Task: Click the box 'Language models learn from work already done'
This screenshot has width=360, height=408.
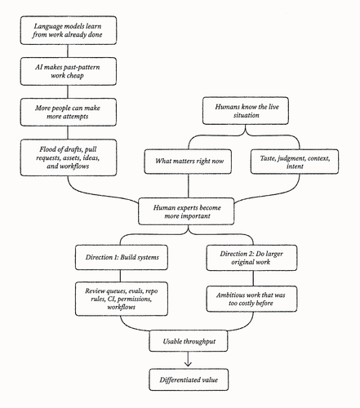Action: (x=69, y=30)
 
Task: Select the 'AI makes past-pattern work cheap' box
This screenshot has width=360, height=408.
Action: (x=69, y=71)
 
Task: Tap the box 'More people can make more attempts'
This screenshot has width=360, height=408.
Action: (x=69, y=112)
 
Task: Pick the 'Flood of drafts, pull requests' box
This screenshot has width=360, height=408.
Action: (x=69, y=157)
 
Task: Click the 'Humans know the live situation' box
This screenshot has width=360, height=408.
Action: (x=246, y=111)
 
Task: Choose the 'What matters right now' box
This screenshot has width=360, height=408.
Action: (x=188, y=162)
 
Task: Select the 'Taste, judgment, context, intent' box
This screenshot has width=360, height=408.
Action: (x=295, y=162)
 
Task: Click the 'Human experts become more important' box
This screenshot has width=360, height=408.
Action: (x=186, y=211)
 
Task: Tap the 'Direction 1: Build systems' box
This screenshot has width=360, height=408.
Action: (x=122, y=257)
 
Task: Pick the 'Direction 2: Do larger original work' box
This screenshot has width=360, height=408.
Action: (x=251, y=258)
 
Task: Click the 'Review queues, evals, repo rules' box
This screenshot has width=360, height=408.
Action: (x=122, y=299)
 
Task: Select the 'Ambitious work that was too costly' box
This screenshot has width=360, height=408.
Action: (x=251, y=299)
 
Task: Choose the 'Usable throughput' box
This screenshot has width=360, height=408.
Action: (x=189, y=341)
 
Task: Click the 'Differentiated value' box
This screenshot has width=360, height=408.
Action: (x=189, y=379)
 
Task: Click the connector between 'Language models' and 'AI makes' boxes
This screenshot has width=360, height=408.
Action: (x=68, y=51)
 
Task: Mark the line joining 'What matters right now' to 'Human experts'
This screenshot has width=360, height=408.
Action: (x=189, y=186)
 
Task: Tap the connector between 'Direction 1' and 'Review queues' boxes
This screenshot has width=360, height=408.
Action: (x=120, y=276)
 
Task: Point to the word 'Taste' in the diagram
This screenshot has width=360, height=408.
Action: (x=268, y=158)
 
